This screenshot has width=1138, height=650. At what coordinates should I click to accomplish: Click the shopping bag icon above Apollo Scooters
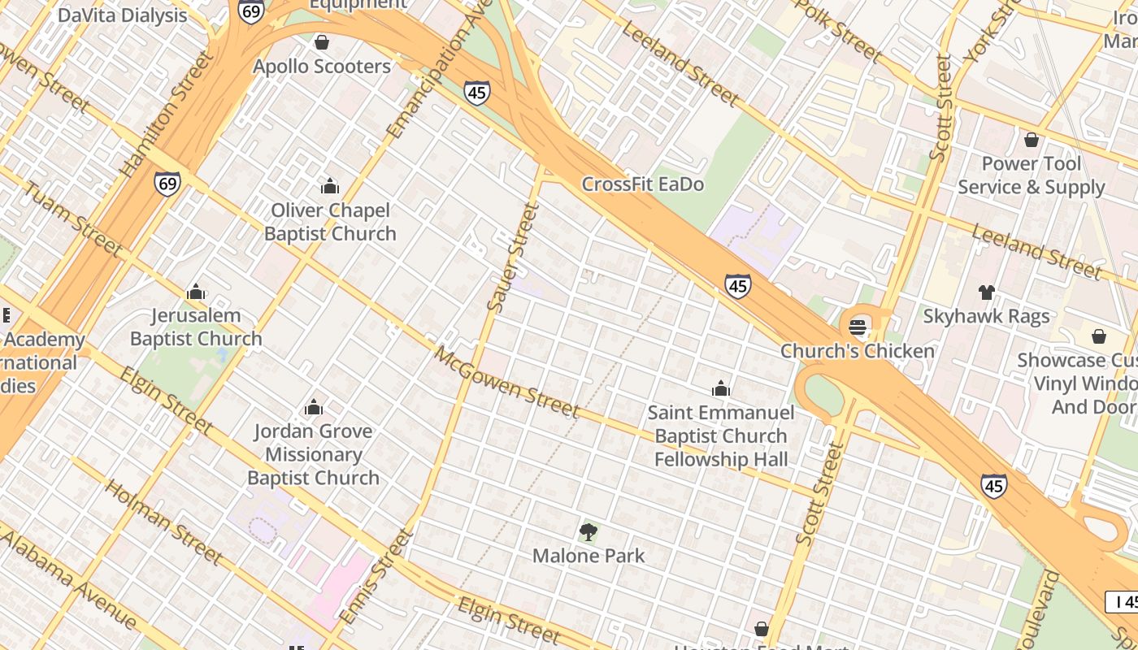coord(322,42)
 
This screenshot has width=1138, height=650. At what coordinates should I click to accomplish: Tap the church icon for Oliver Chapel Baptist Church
coord(329,187)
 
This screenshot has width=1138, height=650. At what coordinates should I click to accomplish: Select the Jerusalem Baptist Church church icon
coord(196,292)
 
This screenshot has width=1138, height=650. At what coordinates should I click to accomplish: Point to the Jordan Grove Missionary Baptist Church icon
coord(314,408)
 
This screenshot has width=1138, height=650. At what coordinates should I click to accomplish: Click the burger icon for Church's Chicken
coord(858,327)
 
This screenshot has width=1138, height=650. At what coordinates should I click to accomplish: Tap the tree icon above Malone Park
coord(589,533)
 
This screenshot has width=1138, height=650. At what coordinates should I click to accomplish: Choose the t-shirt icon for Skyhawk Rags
coord(986,292)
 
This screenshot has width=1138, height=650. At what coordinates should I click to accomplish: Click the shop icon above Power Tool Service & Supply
coord(1032,141)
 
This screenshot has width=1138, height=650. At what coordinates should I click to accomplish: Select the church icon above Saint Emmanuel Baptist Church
coord(721,389)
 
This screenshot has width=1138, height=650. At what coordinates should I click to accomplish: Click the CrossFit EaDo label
coord(642,184)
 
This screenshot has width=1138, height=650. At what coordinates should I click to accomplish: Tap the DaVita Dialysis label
coord(122,15)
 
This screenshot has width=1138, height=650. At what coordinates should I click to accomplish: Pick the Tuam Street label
coord(72,219)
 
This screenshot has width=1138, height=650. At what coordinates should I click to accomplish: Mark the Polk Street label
coord(837,31)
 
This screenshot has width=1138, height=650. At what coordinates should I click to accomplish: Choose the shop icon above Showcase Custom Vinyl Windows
coord(1098,336)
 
